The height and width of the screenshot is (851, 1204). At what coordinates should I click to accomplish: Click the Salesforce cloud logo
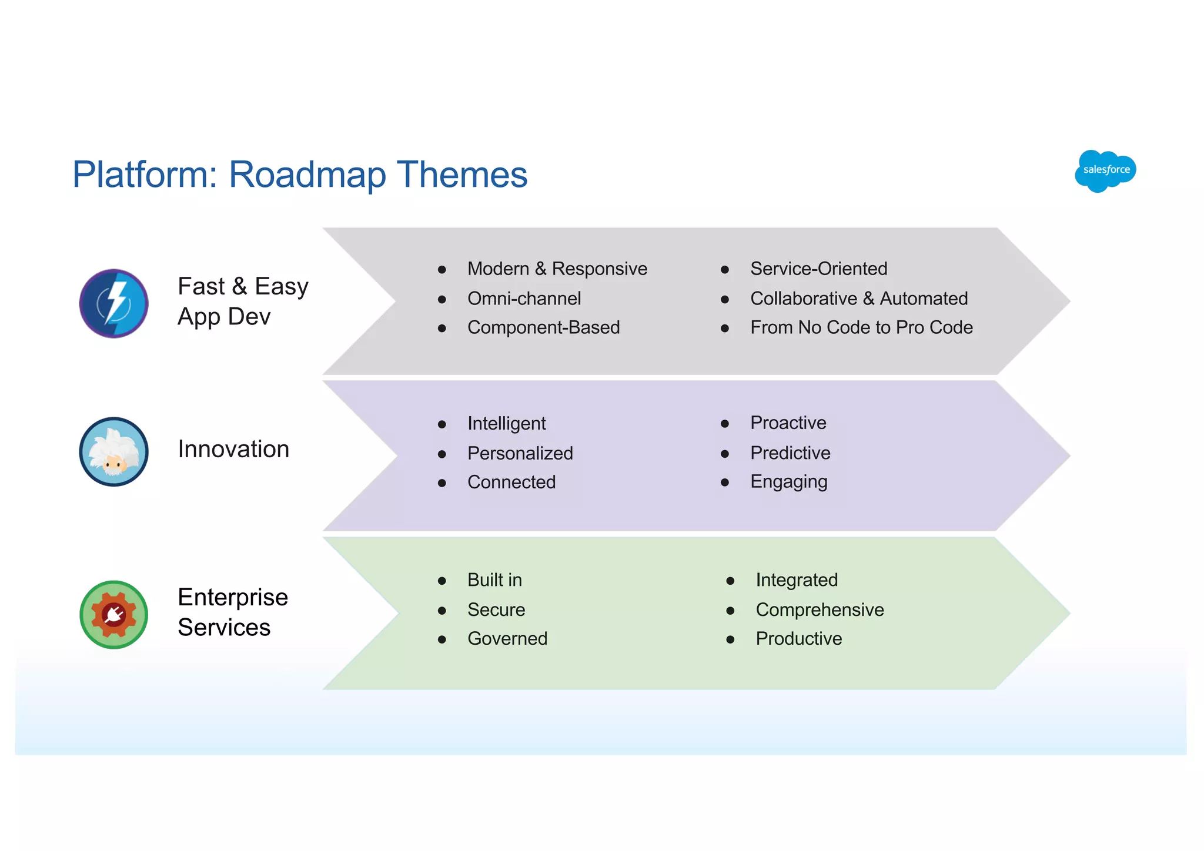tap(1105, 170)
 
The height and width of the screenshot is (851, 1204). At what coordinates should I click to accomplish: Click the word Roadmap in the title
tap(307, 175)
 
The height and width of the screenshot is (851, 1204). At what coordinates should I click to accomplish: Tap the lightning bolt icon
tap(114, 303)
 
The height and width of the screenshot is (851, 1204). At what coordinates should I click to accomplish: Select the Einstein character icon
tap(114, 452)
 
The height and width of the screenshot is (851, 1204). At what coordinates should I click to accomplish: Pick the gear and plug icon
tap(114, 615)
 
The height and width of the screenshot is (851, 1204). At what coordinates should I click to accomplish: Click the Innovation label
tap(233, 449)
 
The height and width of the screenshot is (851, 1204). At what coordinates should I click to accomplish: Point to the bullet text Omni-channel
tap(524, 299)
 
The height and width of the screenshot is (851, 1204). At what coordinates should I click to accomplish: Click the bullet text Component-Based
tap(543, 327)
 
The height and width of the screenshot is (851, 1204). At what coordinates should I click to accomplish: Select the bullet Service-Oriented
tap(818, 269)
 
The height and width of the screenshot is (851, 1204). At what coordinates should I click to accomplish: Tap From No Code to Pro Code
tap(861, 327)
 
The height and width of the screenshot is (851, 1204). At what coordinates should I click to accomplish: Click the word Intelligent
tap(506, 423)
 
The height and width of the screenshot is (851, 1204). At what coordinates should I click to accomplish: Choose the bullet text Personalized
tap(520, 453)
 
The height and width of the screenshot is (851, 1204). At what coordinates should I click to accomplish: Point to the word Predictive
tap(790, 453)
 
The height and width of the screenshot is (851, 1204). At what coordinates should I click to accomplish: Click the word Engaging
tap(788, 482)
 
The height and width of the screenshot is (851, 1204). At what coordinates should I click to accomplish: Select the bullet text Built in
tap(494, 580)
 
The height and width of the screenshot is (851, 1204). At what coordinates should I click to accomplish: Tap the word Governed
tap(507, 638)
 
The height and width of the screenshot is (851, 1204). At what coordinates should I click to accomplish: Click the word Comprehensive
tap(820, 609)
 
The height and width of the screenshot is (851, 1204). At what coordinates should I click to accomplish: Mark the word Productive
tap(798, 638)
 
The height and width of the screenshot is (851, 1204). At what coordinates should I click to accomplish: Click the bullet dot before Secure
tap(442, 611)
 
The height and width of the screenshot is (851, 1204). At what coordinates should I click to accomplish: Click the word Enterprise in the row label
tap(233, 597)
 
